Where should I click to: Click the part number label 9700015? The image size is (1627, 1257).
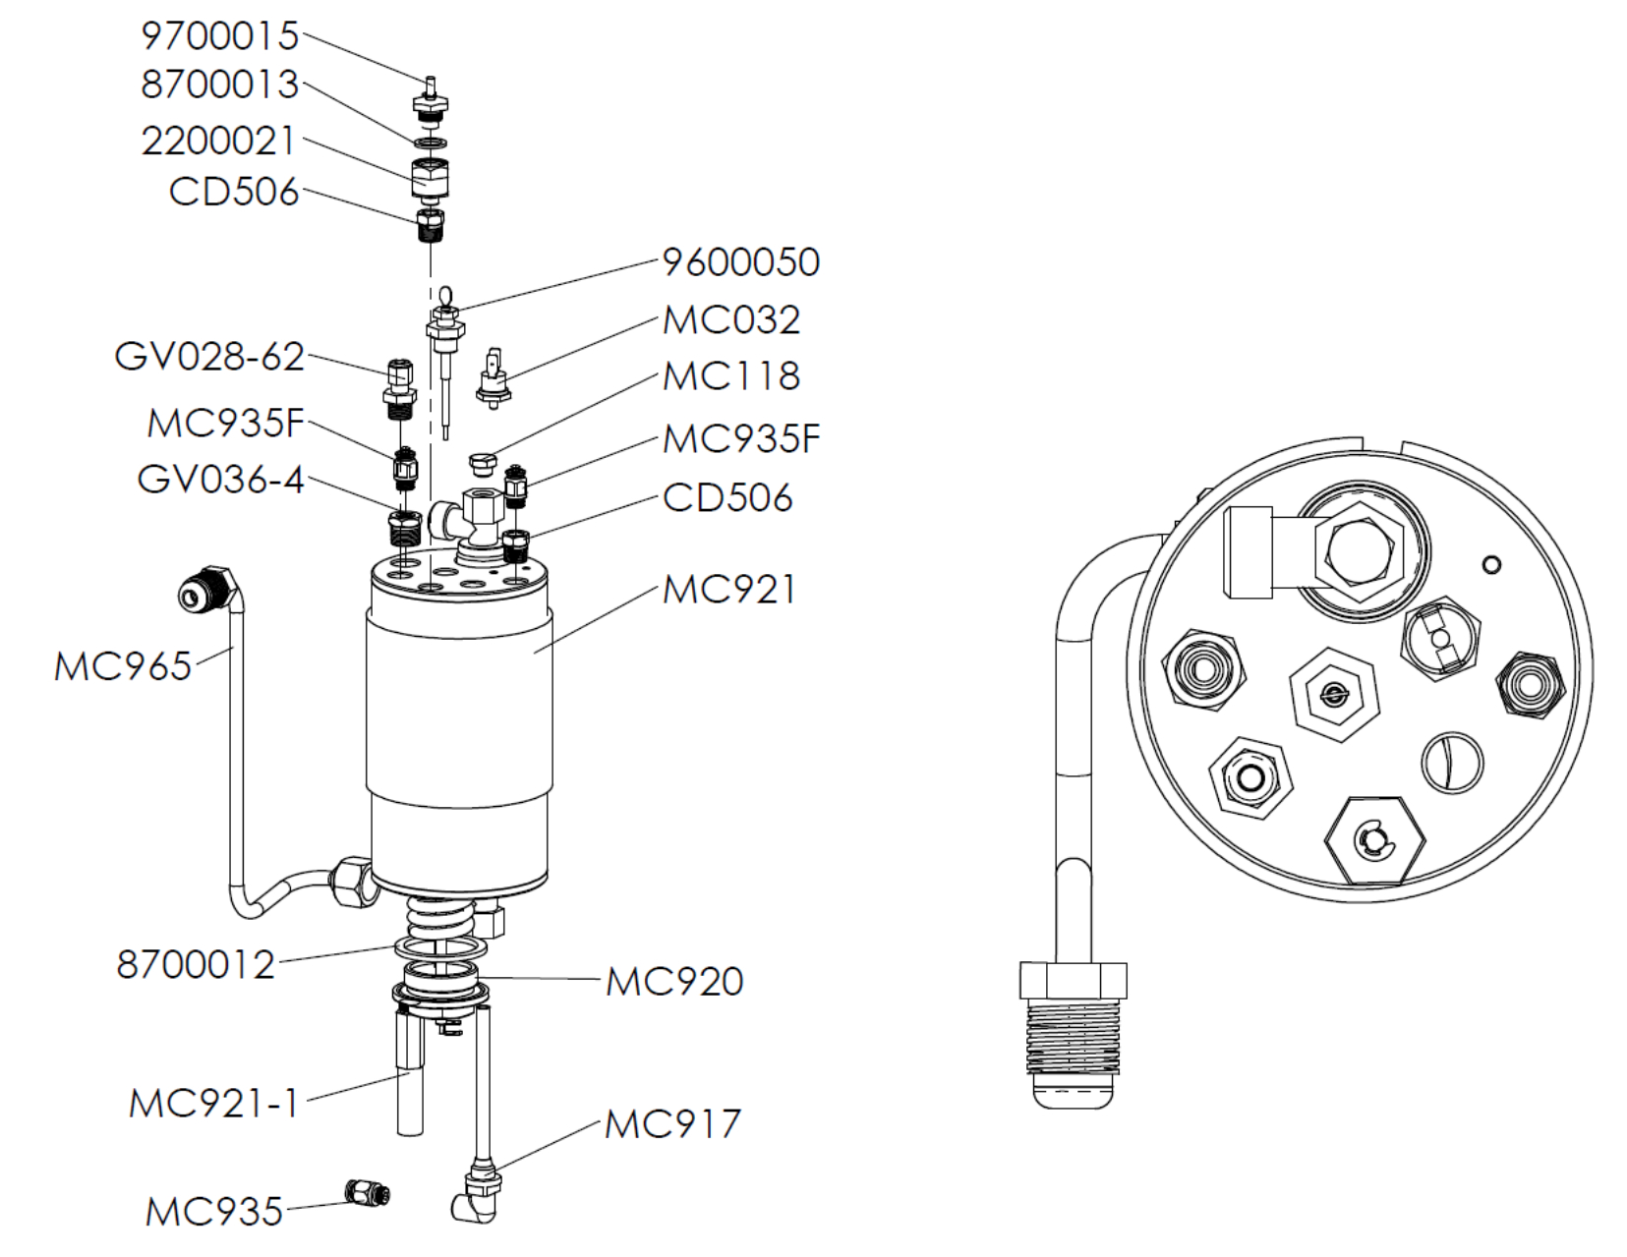[219, 36]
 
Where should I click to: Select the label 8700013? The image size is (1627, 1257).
[219, 86]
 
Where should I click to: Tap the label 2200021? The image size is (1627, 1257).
[218, 142]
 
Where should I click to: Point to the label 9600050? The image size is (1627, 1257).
[740, 262]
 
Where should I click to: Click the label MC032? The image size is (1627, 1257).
[730, 320]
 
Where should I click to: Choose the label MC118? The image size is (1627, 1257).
[730, 376]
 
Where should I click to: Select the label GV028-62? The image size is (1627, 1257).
[209, 357]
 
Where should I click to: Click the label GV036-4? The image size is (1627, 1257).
[220, 480]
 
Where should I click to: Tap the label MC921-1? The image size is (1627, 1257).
[213, 1104]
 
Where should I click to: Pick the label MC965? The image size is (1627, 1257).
[122, 666]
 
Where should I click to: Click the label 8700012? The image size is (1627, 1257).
[196, 965]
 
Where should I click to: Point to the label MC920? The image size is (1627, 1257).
[673, 982]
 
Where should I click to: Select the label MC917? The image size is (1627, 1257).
[671, 1124]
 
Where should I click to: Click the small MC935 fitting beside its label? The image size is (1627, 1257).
[369, 1193]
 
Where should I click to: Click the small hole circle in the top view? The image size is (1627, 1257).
[1490, 564]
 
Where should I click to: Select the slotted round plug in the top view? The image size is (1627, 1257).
[1452, 762]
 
